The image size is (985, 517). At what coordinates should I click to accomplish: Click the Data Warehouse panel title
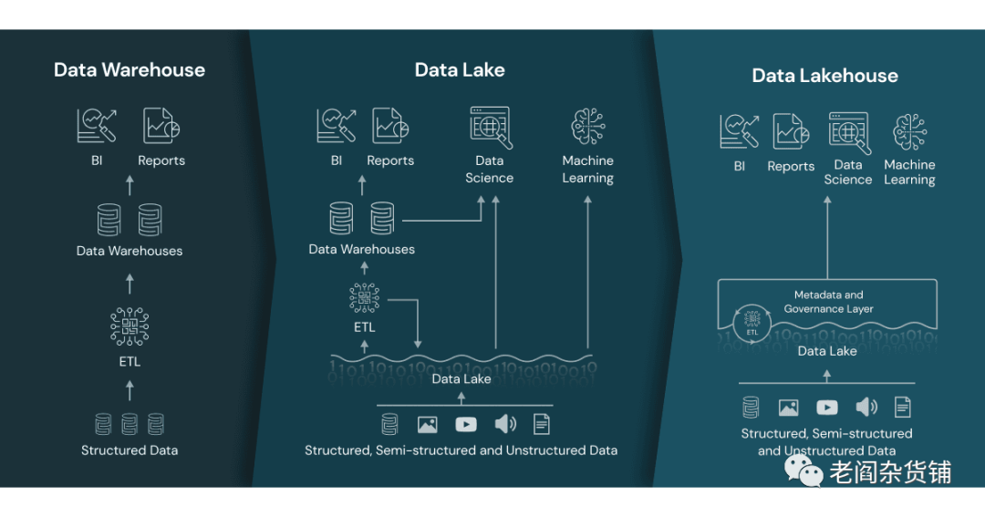130,70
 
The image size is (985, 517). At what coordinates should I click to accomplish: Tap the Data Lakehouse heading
824,76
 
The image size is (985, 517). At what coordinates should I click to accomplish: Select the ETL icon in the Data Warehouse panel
130,326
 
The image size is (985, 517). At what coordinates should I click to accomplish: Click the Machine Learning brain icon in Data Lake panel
587,127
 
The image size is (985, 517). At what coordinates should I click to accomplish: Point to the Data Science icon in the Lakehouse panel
848,132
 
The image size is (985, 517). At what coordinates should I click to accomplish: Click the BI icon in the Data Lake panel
337,126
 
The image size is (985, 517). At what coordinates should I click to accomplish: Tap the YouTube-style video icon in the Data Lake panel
465,424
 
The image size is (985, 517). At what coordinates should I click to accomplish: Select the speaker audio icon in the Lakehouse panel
866,408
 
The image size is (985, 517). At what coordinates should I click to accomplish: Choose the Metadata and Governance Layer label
828,302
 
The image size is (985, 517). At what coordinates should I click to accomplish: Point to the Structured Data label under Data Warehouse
130,450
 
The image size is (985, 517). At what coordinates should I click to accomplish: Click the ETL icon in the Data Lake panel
364,297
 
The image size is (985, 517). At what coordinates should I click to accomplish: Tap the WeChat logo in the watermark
804,471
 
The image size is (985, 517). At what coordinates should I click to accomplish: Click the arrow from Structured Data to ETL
130,390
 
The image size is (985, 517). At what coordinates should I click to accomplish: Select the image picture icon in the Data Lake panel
427,424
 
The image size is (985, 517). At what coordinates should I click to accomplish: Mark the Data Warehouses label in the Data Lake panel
362,249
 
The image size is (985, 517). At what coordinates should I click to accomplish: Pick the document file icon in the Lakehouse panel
902,408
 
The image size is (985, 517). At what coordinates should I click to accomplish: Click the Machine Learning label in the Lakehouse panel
909,172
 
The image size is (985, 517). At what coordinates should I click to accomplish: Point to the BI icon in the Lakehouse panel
740,131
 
